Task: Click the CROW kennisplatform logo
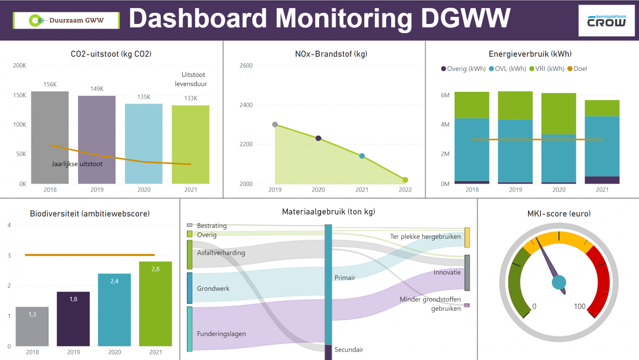tap(606, 21)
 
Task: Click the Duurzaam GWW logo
tap(66, 20)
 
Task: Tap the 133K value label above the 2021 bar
tap(191, 98)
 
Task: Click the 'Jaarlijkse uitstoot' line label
tap(77, 164)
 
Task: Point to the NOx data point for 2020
tap(318, 138)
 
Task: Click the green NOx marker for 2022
tap(405, 180)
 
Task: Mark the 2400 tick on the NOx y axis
tap(246, 105)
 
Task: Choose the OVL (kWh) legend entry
tap(507, 69)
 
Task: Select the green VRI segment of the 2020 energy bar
tap(558, 113)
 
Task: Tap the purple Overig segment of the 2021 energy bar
tap(602, 180)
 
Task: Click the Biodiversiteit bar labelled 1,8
tap(73, 319)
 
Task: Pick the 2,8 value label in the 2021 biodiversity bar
tap(155, 269)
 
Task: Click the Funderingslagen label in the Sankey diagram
tap(221, 334)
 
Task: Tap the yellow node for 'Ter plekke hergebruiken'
tap(467, 238)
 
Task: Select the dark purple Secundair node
tap(328, 352)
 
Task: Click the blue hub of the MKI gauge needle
tap(559, 282)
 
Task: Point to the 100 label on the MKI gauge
tap(579, 306)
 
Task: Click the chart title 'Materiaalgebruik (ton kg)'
tap(328, 212)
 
